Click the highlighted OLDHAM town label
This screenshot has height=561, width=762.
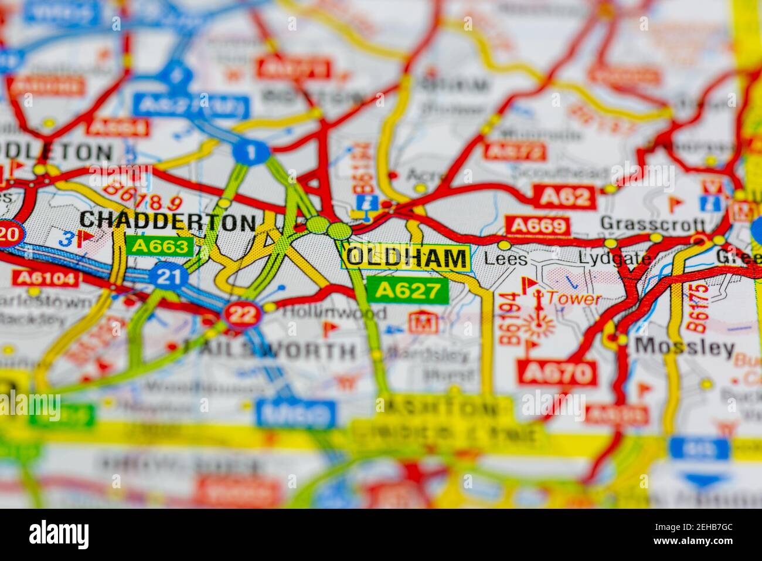407,257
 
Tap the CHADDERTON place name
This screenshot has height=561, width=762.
167,221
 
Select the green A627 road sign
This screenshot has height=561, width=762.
407,290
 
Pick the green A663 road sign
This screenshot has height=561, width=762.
159,246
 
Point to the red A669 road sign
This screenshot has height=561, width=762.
538,226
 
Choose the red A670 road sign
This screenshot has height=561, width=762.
556,372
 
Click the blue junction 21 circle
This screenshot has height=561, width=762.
168,276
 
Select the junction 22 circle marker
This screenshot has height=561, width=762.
242,315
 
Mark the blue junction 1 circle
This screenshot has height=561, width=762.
251,153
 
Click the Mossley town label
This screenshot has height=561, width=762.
684,347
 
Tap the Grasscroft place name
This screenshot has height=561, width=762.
652,224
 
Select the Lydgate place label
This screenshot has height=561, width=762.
614,258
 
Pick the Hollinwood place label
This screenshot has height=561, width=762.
334,312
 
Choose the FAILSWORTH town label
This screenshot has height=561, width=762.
270,351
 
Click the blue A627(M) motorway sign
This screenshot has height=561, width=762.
191,106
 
